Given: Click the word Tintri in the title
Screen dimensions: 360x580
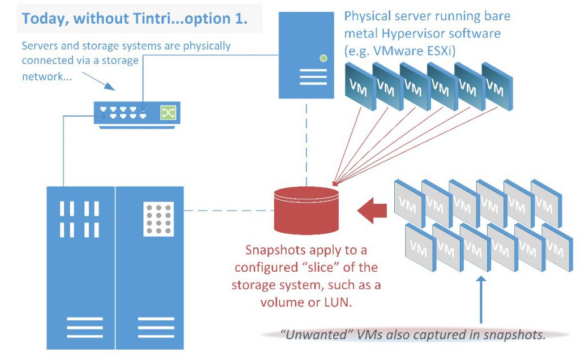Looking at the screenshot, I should point(155,18).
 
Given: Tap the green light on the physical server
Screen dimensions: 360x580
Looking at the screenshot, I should point(323,58).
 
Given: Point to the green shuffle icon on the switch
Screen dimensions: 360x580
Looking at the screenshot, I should point(168,113).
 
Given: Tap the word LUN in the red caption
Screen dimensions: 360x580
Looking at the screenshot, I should point(339,302).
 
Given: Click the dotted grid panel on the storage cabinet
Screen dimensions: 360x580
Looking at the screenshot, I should point(159,220).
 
